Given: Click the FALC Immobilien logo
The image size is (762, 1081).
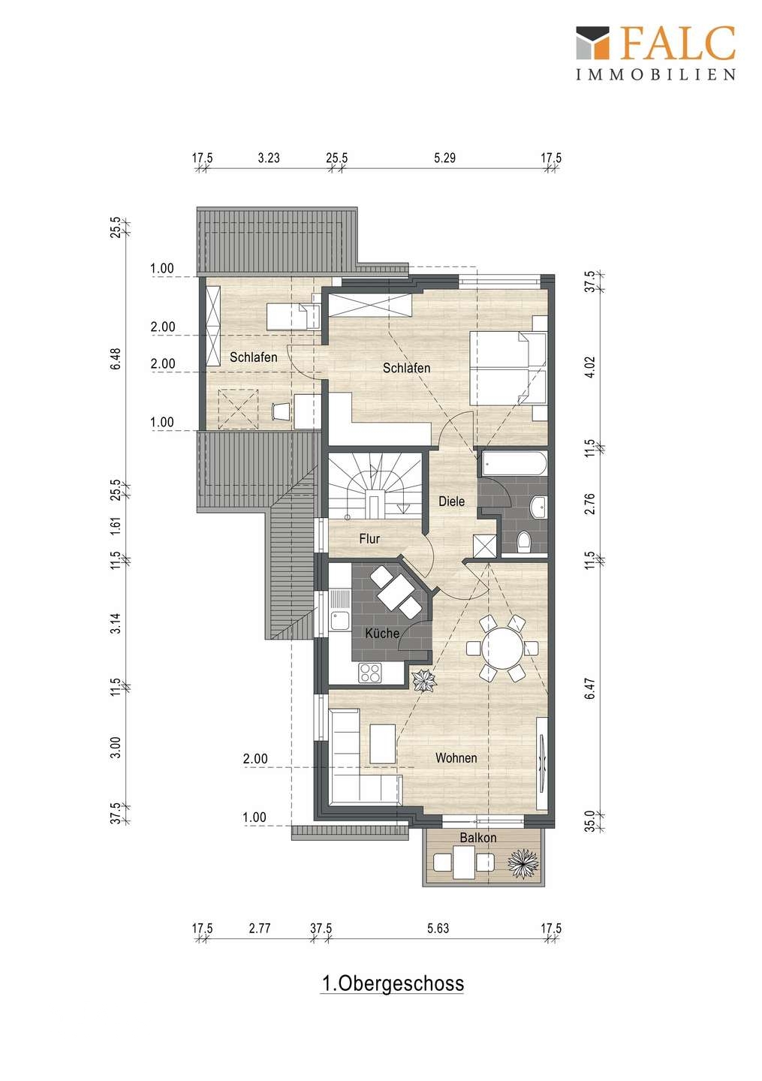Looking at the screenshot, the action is pos(655,53).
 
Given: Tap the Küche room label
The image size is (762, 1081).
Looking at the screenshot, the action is pos(382,633).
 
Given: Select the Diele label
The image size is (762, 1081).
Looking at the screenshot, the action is pos(451,501).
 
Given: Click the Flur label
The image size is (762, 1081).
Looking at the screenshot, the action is pos(369,538).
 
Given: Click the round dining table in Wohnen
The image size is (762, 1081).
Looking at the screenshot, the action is pos(502,648).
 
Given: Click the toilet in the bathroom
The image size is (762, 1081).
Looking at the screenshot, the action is pos(523,543).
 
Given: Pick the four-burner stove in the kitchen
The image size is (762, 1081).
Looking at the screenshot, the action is pos(370,673).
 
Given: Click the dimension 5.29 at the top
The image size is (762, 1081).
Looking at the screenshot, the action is pos(444,158).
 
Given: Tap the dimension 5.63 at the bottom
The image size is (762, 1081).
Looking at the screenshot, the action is pos(438,928).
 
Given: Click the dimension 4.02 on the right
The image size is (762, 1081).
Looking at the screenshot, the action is pos(590,367).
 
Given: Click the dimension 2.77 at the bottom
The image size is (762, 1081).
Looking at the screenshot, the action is pos(260,928).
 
